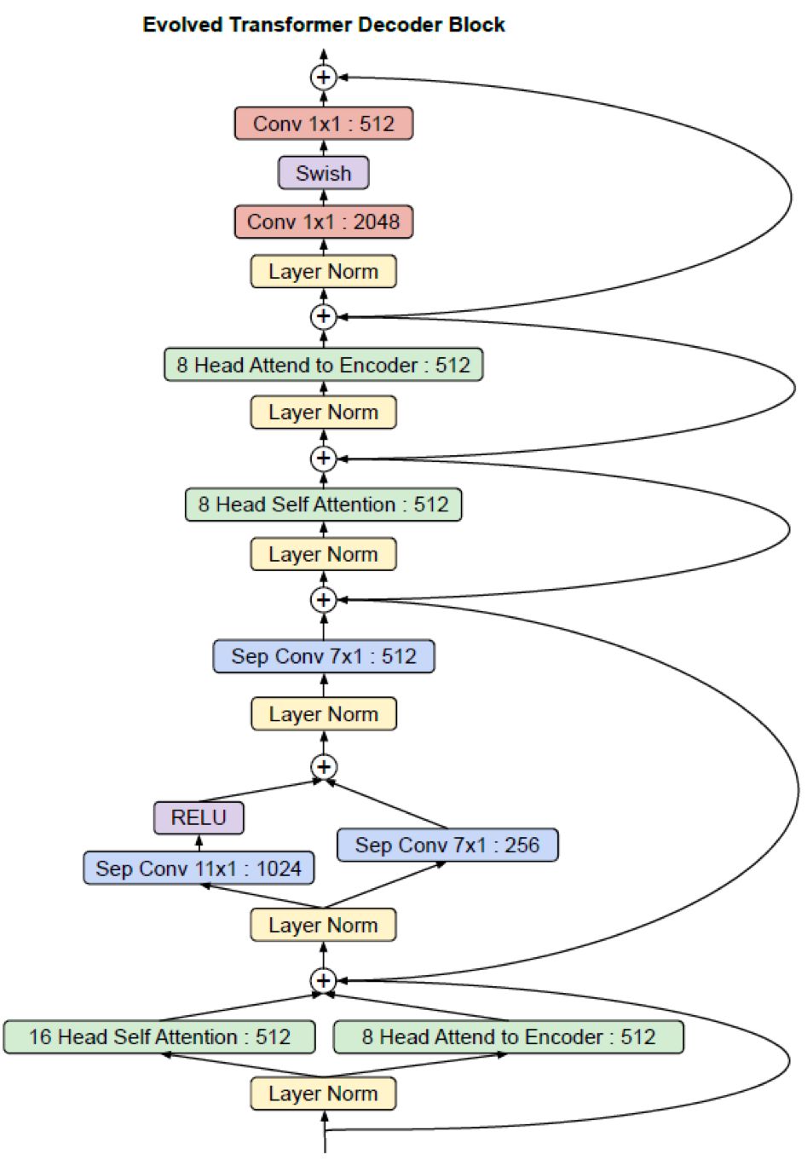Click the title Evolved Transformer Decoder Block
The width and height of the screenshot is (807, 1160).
pyautogui.click(x=323, y=25)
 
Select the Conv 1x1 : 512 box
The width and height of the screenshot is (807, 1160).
pyautogui.click(x=323, y=124)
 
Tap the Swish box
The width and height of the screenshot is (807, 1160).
pyautogui.click(x=323, y=173)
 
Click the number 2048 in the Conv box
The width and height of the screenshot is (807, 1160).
pyautogui.click(x=376, y=222)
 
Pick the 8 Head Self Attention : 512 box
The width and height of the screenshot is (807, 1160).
pyautogui.click(x=323, y=505)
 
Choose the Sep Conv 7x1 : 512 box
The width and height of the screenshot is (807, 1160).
pyautogui.click(x=323, y=656)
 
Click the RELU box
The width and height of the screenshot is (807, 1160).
pyautogui.click(x=199, y=818)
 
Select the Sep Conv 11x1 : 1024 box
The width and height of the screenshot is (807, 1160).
pyautogui.click(x=199, y=869)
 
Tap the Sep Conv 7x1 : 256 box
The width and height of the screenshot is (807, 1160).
pyautogui.click(x=447, y=845)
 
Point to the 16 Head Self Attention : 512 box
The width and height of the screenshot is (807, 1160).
pyautogui.click(x=159, y=1037)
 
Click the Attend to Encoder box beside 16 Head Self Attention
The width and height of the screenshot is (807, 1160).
pyautogui.click(x=509, y=1037)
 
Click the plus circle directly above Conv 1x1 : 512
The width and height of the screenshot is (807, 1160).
pyautogui.click(x=323, y=78)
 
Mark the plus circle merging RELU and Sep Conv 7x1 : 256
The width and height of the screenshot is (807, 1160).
pyautogui.click(x=323, y=766)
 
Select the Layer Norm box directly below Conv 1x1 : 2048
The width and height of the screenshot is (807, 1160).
pyautogui.click(x=323, y=272)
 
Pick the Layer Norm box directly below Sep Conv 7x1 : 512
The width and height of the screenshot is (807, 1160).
pyautogui.click(x=323, y=714)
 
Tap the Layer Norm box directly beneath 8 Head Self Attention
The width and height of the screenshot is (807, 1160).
pyautogui.click(x=323, y=555)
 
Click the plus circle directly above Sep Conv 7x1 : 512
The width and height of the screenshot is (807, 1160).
pyautogui.click(x=323, y=600)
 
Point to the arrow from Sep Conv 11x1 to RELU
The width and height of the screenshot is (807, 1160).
pyautogui.click(x=199, y=843)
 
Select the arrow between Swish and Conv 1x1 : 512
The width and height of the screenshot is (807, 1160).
pyautogui.click(x=323, y=147)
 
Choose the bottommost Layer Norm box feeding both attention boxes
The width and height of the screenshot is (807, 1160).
pyautogui.click(x=323, y=1094)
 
